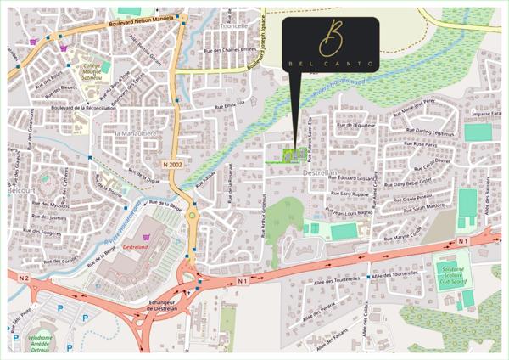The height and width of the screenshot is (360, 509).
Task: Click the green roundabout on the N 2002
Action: coord(193,217)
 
